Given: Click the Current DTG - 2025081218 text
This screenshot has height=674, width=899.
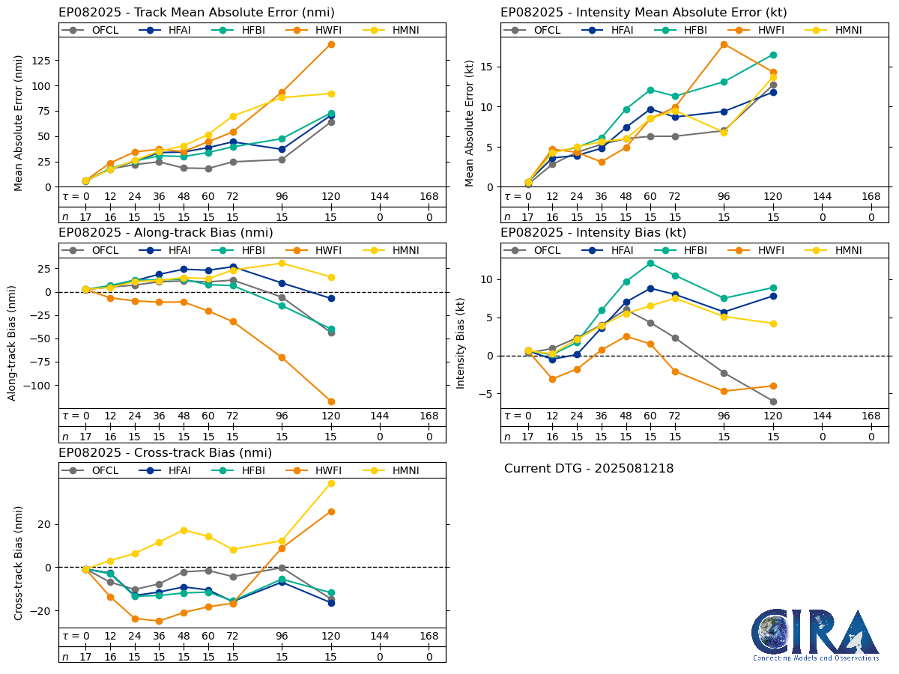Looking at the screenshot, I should (x=589, y=469).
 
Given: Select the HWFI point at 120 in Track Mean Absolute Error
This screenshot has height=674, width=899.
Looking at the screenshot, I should (x=331, y=44).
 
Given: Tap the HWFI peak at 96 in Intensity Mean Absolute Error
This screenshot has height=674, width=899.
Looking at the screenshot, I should (x=724, y=44).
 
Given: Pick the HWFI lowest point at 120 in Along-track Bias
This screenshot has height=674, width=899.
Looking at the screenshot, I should (x=331, y=401).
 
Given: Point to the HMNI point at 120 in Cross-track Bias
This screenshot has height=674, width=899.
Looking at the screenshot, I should (x=331, y=483).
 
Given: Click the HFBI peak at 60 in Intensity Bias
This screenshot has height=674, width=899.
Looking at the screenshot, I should (x=650, y=263).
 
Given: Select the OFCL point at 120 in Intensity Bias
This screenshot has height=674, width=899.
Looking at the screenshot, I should (x=773, y=401).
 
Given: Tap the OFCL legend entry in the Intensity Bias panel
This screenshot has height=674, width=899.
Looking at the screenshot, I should (x=527, y=250).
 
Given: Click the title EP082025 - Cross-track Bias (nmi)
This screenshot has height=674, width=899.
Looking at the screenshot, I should (x=165, y=453).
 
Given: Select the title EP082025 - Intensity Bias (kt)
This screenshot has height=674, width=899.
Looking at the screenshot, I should (x=593, y=233).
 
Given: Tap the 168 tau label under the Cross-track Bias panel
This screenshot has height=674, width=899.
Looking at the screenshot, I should (x=429, y=637).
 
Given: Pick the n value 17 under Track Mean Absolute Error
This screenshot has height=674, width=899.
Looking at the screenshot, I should (x=85, y=216).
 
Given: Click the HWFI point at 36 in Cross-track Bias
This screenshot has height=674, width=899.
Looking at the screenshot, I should (x=159, y=621).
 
